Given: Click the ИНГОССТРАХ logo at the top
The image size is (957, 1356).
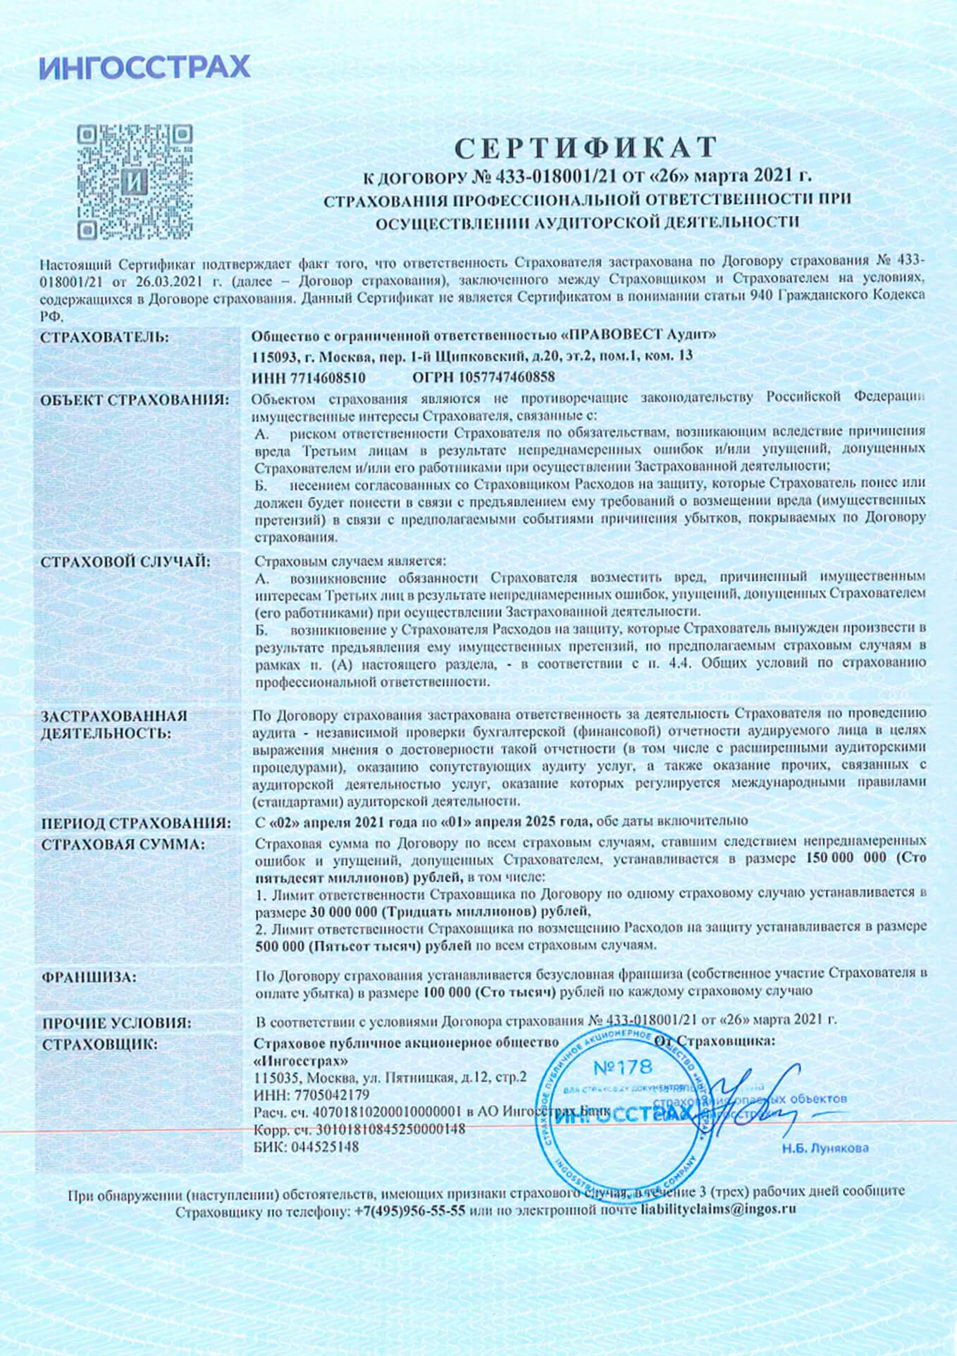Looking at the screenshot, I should pos(144,67).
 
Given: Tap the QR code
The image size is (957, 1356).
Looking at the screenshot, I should pos(134,182).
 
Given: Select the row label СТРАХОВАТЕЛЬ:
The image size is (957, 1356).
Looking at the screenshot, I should pos(105,338).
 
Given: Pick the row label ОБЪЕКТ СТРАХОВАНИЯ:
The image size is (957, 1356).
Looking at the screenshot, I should pos(135,400).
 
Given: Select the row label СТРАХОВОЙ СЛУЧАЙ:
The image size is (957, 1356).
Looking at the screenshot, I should pos(125,562).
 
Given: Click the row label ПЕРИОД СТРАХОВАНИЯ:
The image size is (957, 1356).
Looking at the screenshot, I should pos(136,823).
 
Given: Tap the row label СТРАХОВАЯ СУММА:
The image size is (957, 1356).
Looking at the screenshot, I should pos(123,844).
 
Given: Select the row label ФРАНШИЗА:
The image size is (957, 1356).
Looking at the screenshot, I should pos(89,978).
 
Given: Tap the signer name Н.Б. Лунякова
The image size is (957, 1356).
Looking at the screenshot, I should pos(825,1149).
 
